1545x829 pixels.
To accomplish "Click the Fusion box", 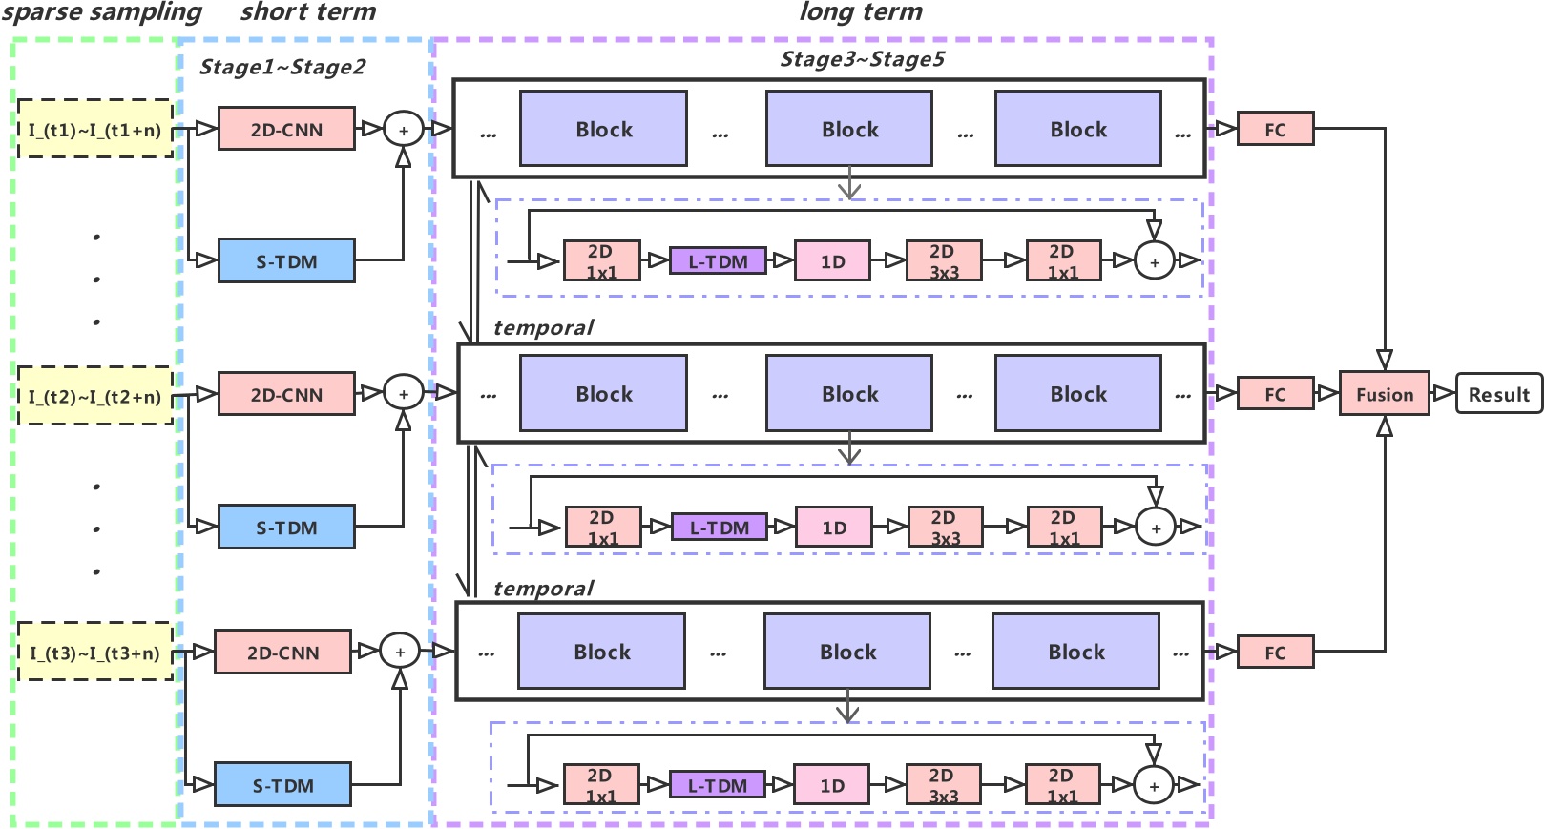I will coord(1384,394).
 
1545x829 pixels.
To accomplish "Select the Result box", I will coord(1498,394).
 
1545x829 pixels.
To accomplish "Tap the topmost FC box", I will coord(1275,129).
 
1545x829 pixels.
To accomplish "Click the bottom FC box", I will coord(1275,653).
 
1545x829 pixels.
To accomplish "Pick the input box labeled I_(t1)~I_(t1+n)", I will coord(94,129).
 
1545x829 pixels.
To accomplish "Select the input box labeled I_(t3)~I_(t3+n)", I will coord(94,653).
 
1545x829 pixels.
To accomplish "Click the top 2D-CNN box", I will coord(286,129).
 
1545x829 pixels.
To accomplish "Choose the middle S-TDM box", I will coord(286,528).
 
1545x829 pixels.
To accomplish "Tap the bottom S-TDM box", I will coord(282,785).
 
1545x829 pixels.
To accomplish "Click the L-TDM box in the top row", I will coord(718,260).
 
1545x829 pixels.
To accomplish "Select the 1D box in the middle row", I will coord(834,527).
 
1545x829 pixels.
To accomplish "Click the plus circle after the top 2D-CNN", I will coord(404,130).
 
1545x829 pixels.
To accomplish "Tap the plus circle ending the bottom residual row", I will coord(1154,785).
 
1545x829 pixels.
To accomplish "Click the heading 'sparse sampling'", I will coord(101,12).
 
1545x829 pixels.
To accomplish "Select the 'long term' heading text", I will coord(861,12).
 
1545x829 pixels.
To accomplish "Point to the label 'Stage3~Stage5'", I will coord(862,59).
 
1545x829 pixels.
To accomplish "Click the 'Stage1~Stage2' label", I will coord(282,67).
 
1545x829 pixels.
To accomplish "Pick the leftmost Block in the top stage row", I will coord(603,129).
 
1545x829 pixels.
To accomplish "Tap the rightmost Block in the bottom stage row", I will coord(1075,652).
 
